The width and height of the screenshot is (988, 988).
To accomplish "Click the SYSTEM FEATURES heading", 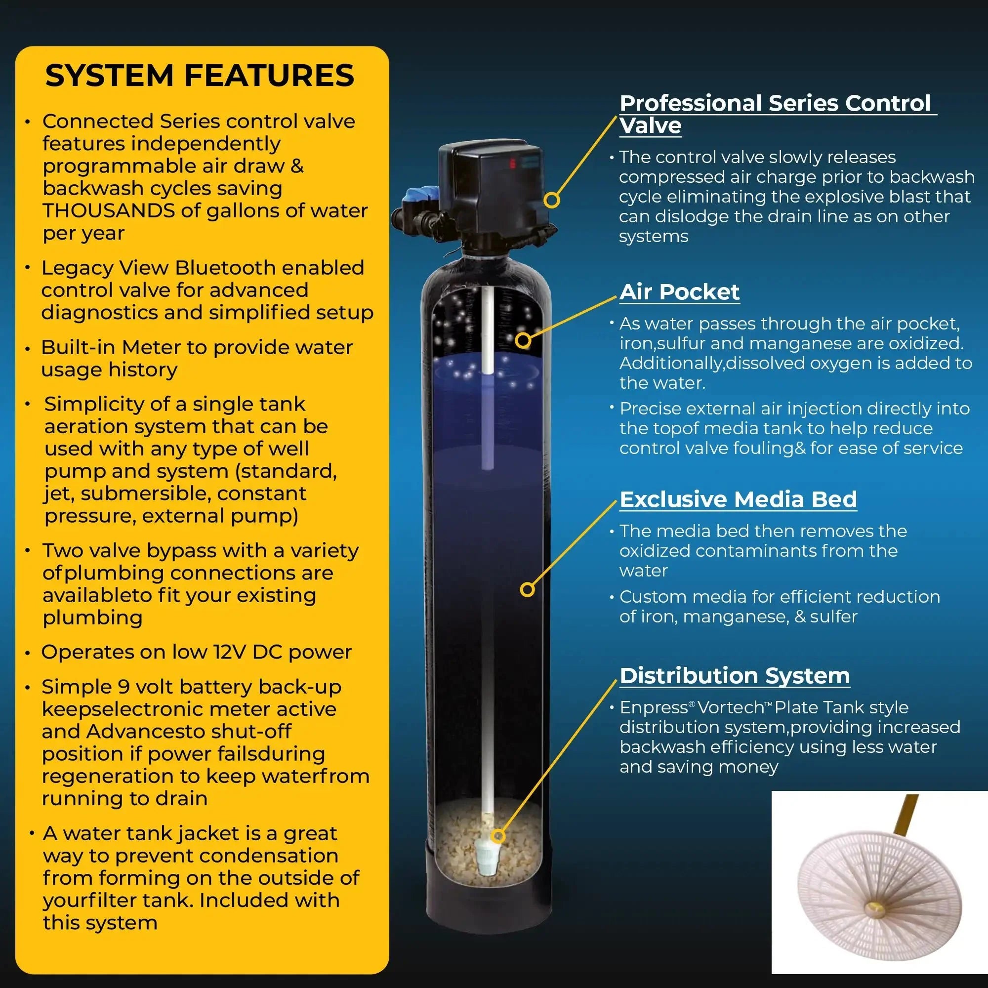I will pos(200,76).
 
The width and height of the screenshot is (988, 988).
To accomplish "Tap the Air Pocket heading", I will pos(679,292).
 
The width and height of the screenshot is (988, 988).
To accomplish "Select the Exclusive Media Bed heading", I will pos(738,499).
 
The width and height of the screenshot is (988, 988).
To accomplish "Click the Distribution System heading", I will pos(735,675).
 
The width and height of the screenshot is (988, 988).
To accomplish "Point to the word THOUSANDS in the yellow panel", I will pos(108,211).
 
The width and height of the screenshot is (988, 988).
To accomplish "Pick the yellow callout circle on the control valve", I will pos(551,200).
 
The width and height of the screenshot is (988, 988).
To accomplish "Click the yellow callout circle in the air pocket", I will pos(523,340).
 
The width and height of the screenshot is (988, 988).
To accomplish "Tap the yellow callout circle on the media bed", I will pos(527,590).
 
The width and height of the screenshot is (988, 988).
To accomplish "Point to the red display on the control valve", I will pos(512,164).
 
